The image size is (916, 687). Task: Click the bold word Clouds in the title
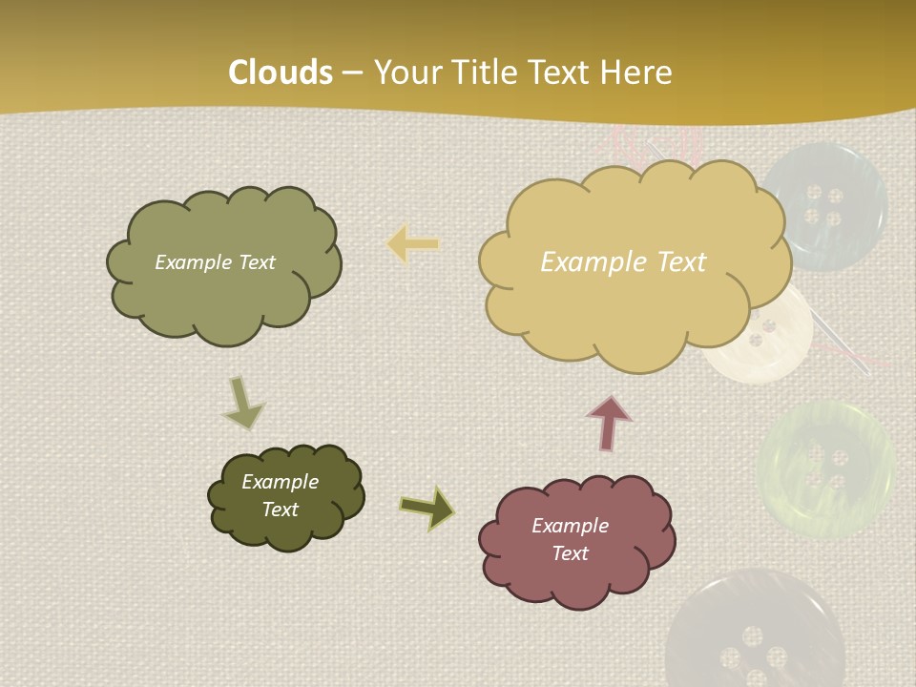[281, 73]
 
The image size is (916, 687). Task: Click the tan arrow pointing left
[414, 244]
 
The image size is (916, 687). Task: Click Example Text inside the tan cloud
[623, 261]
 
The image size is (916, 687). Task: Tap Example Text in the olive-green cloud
[215, 262]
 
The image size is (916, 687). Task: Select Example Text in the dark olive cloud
[280, 495]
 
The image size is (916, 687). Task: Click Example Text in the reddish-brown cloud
[570, 539]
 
